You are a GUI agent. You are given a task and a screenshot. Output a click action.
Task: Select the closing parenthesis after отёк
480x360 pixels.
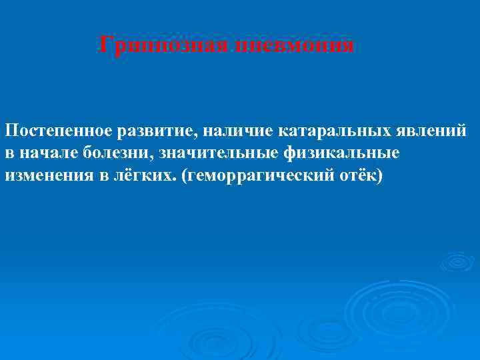(x=377, y=176)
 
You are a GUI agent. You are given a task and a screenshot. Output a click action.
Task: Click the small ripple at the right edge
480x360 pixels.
(x=457, y=261)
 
